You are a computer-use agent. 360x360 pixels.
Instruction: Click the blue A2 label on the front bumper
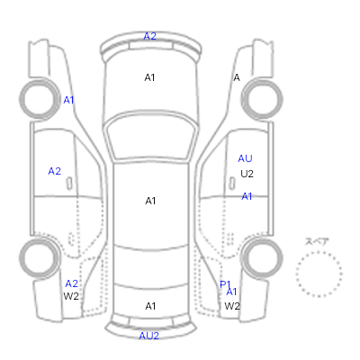(149, 36)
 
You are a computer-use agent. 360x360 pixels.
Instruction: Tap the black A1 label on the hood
(149, 77)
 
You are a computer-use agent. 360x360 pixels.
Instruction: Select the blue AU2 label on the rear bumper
(148, 336)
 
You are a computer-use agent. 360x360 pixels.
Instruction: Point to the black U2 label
(247, 174)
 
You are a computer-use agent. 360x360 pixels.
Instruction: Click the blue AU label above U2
(245, 158)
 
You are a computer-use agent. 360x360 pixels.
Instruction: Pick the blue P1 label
(225, 284)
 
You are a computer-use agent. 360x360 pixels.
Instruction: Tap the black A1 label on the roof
(150, 201)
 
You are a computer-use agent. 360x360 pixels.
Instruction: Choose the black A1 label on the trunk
(150, 306)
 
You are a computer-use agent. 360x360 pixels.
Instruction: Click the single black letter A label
(237, 77)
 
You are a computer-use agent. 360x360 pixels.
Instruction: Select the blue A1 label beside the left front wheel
(68, 100)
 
